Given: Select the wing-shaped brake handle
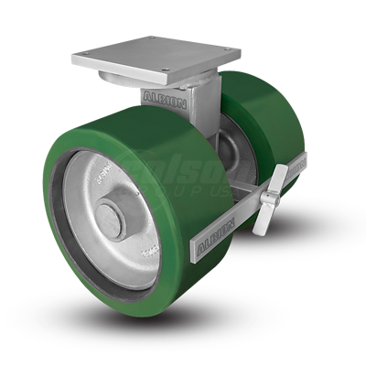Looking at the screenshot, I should click(274, 193).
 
